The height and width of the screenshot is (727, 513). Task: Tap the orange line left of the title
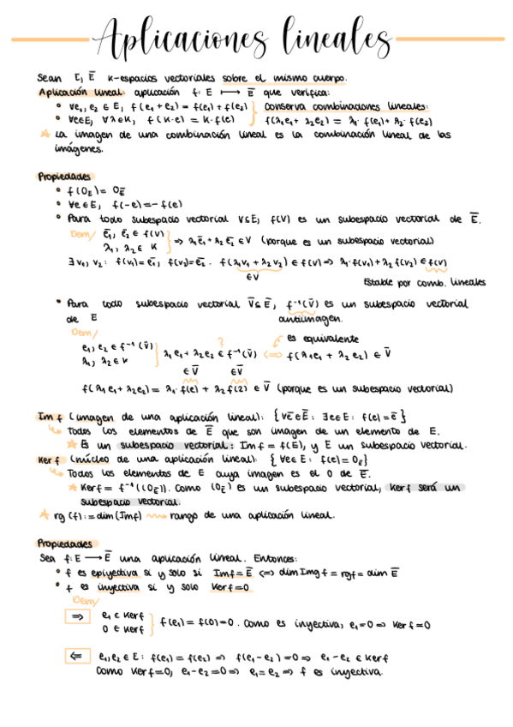tap(47, 39)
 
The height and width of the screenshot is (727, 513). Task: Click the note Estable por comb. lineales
tap(423, 281)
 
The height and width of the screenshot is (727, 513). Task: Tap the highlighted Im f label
tap(46, 416)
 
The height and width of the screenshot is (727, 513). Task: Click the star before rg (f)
tap(43, 515)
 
